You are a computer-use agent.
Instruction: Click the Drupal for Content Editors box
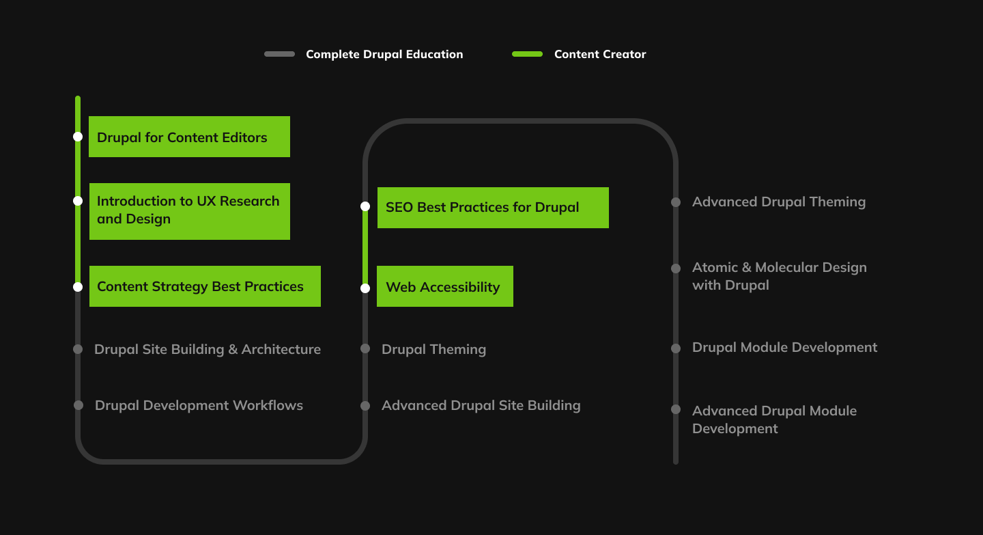pos(189,137)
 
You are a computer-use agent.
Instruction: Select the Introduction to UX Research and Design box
pos(189,211)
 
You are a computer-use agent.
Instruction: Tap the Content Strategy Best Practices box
pos(205,286)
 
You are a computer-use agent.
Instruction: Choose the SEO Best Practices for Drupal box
pos(492,208)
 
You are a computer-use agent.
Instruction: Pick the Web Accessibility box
pos(444,287)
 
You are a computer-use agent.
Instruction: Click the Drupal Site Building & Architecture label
pos(208,349)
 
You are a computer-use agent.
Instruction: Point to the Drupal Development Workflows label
pos(199,405)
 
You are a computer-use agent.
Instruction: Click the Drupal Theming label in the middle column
pos(433,349)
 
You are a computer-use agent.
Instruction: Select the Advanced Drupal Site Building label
pos(481,405)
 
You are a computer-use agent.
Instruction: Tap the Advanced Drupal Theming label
pos(779,202)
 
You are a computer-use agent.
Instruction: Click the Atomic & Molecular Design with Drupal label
pos(779,276)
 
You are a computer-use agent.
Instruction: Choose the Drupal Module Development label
pos(784,347)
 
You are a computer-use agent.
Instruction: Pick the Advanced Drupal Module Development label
pos(774,420)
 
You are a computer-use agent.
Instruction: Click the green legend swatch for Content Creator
pos(527,54)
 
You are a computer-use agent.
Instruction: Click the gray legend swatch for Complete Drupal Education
pos(279,54)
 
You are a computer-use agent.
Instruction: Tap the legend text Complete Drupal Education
pos(384,54)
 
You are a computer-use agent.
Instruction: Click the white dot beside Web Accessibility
pos(365,288)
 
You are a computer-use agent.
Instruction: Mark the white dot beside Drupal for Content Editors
pos(78,137)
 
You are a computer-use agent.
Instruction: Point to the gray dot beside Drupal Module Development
pos(676,348)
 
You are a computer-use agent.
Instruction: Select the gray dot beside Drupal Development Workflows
pos(79,405)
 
